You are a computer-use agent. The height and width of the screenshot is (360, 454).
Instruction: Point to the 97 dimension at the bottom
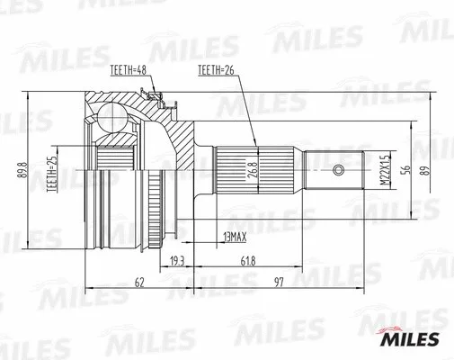277,283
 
